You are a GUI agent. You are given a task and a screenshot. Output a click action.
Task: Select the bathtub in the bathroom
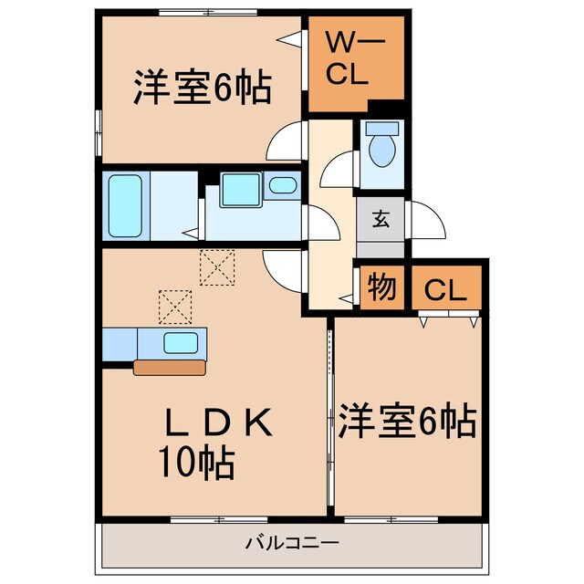(x=124, y=206)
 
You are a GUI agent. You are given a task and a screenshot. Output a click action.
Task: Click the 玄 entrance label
(x=381, y=219)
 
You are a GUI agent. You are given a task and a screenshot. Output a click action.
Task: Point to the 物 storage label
(x=381, y=288)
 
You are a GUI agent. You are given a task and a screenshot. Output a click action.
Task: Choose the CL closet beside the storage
(x=445, y=291)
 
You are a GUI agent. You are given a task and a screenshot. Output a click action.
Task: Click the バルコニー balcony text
(x=292, y=544)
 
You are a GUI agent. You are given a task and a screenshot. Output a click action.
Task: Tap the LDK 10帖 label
(x=217, y=442)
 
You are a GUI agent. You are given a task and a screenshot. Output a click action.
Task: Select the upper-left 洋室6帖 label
(x=201, y=89)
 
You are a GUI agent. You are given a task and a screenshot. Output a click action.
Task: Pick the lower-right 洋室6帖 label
(x=407, y=422)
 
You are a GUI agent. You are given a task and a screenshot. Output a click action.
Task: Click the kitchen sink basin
(x=180, y=343)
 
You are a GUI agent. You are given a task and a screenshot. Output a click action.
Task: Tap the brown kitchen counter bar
(x=171, y=368)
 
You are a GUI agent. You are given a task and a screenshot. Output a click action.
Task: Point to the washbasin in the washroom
(x=284, y=187)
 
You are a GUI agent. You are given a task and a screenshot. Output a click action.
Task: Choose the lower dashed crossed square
(x=175, y=306)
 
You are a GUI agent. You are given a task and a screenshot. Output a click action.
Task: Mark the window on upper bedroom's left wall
(x=99, y=128)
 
